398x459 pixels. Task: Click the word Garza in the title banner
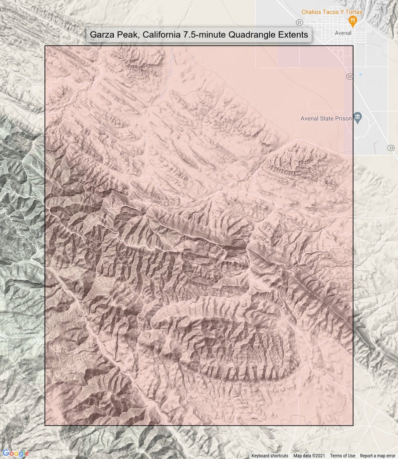[103, 35]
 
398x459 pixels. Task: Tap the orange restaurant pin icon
[353, 21]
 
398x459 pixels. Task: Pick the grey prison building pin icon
[357, 118]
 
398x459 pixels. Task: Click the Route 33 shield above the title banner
[299, 23]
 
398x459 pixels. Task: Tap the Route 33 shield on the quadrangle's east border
[349, 76]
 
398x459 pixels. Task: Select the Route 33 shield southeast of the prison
[390, 148]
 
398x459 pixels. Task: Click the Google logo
[16, 453]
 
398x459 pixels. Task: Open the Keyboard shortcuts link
[270, 455]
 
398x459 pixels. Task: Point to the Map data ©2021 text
[309, 455]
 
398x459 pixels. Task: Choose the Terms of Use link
[342, 455]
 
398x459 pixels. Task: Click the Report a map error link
[377, 455]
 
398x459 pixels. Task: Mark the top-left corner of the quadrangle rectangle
[45, 46]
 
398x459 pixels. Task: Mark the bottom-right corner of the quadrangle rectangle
[353, 425]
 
